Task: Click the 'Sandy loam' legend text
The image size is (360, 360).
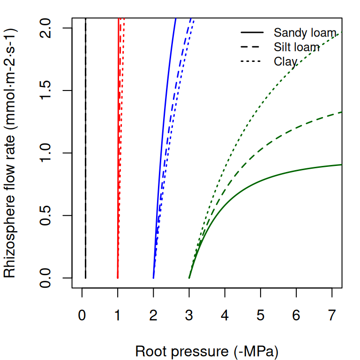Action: (x=305, y=33)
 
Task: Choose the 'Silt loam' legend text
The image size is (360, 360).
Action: (x=297, y=47)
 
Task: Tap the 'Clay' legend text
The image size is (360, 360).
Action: (x=285, y=61)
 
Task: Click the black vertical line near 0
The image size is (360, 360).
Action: (x=85, y=141)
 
